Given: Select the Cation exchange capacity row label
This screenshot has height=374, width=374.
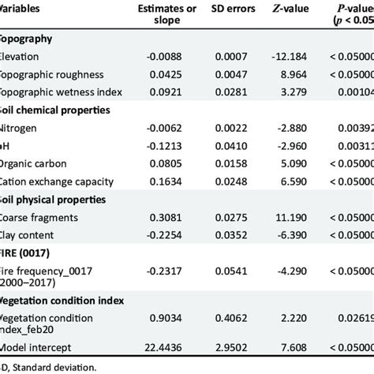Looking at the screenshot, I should (x=58, y=181).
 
